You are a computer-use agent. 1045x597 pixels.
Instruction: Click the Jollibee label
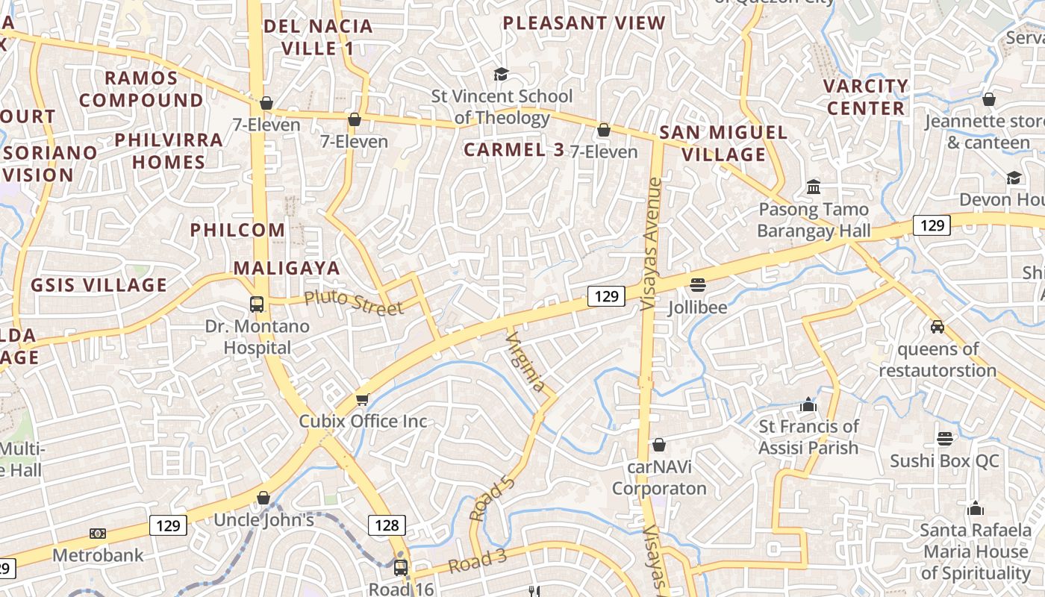point(697,307)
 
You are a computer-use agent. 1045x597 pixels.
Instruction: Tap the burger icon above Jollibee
point(698,284)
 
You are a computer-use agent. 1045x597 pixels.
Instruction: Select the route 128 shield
point(387,525)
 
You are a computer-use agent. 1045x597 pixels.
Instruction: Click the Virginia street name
point(525,362)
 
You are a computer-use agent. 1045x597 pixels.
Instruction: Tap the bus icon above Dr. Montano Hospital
point(257,304)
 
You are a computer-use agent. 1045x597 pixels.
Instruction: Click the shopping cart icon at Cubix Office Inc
point(363,399)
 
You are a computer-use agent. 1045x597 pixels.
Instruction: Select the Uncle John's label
point(264,519)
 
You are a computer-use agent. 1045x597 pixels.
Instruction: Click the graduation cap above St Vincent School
point(501,74)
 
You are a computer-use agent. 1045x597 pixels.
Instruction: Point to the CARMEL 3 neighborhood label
point(514,149)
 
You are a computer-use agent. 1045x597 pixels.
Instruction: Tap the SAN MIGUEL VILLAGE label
point(723,143)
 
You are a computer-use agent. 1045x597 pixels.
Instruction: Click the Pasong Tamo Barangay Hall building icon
point(814,186)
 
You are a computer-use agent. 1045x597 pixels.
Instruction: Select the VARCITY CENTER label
point(865,97)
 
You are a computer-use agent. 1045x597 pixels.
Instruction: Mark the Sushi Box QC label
point(943,460)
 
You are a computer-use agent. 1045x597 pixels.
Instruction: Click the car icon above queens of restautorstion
point(938,326)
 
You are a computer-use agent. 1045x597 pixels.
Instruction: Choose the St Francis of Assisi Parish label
point(808,437)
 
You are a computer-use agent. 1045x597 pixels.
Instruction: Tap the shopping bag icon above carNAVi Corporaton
point(659,446)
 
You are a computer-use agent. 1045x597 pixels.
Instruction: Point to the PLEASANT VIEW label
point(584,22)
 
